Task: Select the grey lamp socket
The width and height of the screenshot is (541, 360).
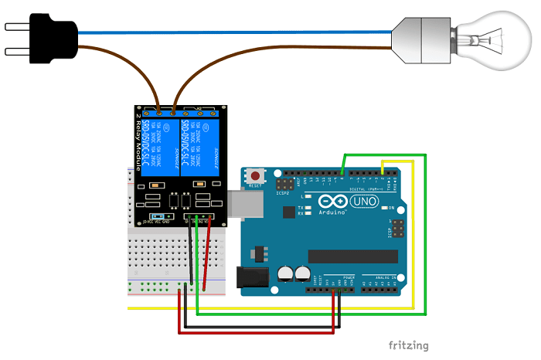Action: click(421, 34)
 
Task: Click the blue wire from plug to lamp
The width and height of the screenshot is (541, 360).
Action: click(232, 32)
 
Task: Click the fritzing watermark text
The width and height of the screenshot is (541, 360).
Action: click(408, 345)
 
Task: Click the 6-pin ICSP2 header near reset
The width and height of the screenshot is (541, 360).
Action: click(285, 185)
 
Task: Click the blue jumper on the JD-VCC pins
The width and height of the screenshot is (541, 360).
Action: click(158, 217)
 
